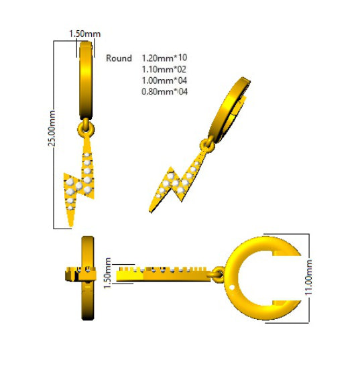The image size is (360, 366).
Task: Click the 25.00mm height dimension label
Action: (52, 129)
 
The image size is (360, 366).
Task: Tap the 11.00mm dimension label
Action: (308, 278)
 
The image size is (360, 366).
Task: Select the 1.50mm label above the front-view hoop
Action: (84, 34)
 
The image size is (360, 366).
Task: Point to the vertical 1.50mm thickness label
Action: (107, 273)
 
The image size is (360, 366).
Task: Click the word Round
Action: (119, 58)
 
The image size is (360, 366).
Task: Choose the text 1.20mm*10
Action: (164, 58)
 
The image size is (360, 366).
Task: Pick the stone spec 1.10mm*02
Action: (164, 69)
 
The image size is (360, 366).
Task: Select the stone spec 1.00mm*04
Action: (164, 80)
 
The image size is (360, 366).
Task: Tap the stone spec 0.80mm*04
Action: (164, 91)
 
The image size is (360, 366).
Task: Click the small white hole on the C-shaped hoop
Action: (231, 288)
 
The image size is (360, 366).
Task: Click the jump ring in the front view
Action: (86, 129)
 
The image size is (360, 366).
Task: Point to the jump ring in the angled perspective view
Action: (207, 145)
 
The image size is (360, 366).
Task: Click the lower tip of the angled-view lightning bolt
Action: (150, 212)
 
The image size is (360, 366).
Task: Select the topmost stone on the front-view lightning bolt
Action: (87, 155)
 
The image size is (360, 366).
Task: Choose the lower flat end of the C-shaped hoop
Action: (286, 303)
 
